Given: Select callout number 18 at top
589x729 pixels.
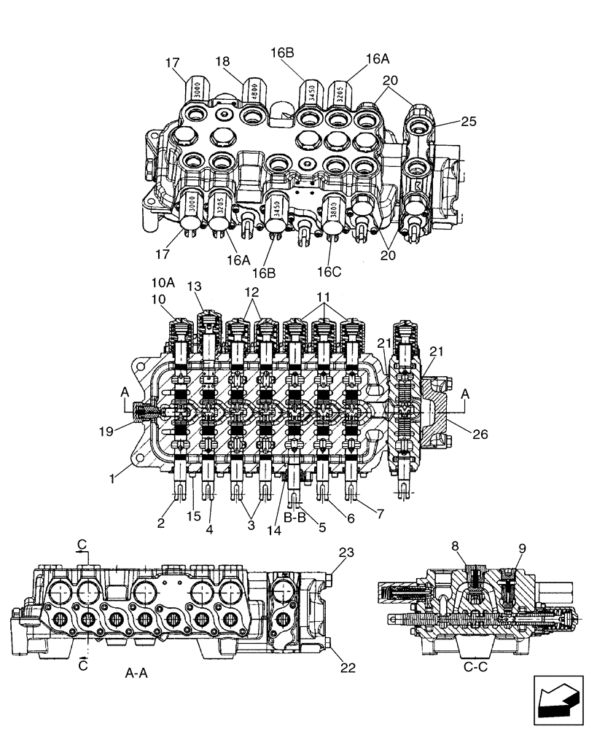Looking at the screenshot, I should [222, 63].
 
